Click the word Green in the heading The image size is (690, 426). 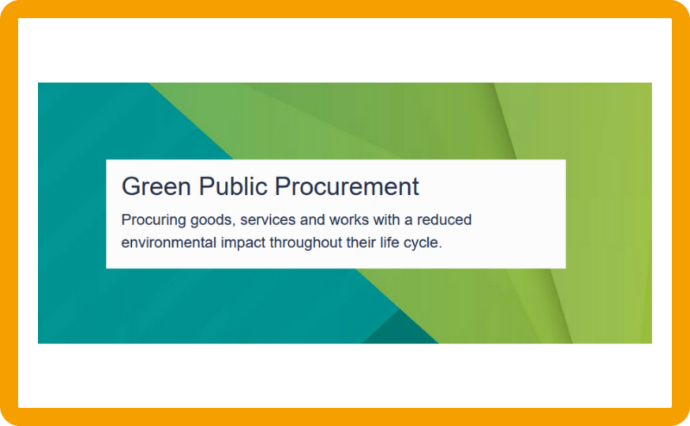tap(156, 186)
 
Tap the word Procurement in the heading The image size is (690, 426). tap(347, 186)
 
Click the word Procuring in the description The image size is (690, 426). tap(154, 220)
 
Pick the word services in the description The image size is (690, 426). tap(267, 220)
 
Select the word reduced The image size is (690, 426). tap(444, 220)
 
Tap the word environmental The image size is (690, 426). tap(169, 242)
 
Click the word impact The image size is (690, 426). tap(243, 243)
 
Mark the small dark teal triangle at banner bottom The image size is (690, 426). tap(400, 330)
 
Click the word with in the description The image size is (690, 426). tap(386, 220)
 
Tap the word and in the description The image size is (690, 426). tap(312, 220)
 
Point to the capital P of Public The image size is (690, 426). tap(206, 186)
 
